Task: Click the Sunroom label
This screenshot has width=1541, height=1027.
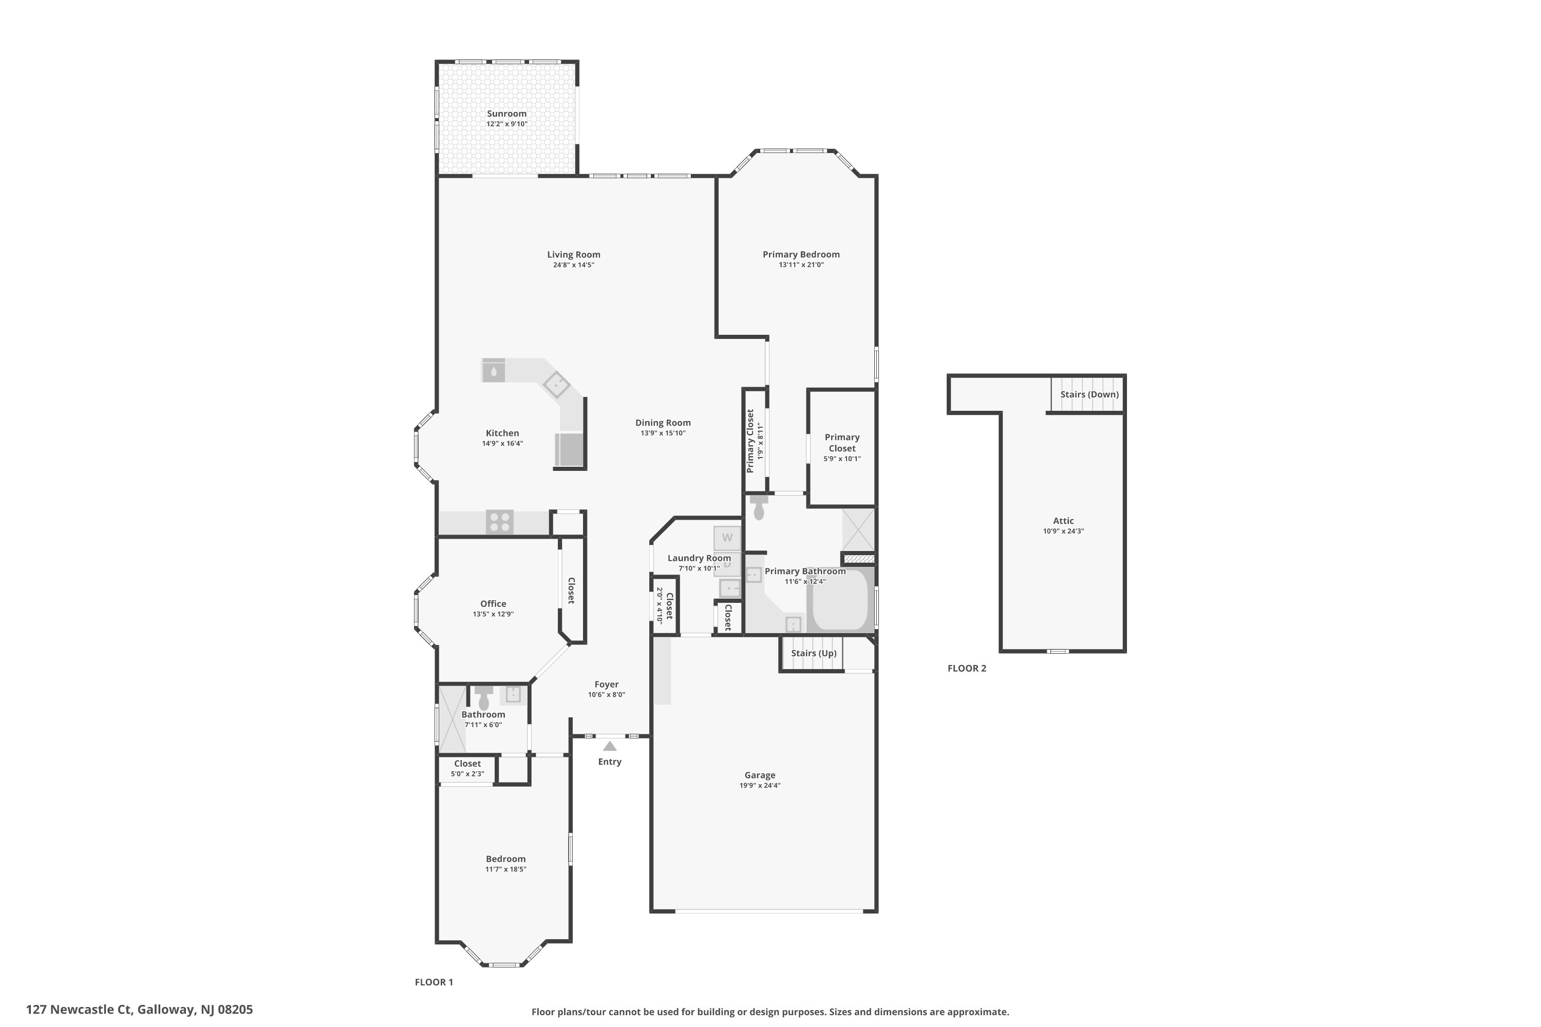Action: (x=506, y=113)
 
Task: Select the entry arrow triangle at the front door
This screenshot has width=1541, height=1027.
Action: (x=609, y=746)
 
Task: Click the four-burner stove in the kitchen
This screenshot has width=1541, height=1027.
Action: (x=499, y=523)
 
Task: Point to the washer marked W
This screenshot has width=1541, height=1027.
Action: (x=727, y=538)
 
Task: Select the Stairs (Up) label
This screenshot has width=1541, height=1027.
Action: (x=813, y=653)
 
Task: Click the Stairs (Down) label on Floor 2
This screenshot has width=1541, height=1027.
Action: (x=1089, y=394)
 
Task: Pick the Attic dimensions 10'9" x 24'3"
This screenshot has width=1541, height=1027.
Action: (x=1063, y=531)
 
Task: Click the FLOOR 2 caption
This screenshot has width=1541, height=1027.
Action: (x=966, y=668)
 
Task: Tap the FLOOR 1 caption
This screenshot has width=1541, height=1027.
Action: (x=434, y=982)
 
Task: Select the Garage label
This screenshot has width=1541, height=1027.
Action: (x=759, y=775)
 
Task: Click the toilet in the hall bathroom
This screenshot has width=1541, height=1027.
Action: (x=483, y=699)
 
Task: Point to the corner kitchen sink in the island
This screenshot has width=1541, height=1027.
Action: (x=556, y=385)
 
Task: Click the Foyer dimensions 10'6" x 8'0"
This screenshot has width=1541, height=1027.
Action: (x=606, y=695)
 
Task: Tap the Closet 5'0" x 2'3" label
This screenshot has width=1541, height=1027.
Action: (x=467, y=764)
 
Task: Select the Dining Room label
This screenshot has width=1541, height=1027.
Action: (x=663, y=423)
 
